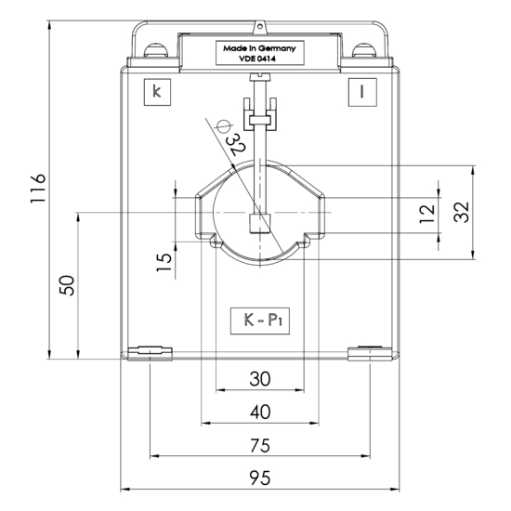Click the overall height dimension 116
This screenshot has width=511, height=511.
pyautogui.click(x=38, y=189)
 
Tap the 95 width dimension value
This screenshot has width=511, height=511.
pyautogui.click(x=260, y=478)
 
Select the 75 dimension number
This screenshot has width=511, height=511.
pyautogui.click(x=260, y=445)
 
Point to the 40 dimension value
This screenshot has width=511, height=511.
pyautogui.click(x=260, y=412)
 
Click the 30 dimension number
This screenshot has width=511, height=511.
pyautogui.click(x=260, y=379)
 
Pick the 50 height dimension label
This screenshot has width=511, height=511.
pyautogui.click(x=67, y=285)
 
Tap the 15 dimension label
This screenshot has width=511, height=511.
pyautogui.click(x=164, y=262)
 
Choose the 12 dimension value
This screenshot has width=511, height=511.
pyautogui.click(x=427, y=214)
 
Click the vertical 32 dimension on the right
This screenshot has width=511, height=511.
pyautogui.click(x=462, y=212)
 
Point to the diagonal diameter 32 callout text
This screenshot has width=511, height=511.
pyautogui.click(x=237, y=144)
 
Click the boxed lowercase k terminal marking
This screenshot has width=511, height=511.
pyautogui.click(x=157, y=92)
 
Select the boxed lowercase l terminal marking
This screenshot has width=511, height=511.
pyautogui.click(x=362, y=92)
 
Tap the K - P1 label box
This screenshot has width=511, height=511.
pyautogui.click(x=260, y=321)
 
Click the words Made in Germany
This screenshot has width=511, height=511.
pyautogui.click(x=260, y=48)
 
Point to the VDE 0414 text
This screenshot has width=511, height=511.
pyautogui.click(x=257, y=59)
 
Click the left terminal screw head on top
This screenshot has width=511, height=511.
pyautogui.click(x=156, y=50)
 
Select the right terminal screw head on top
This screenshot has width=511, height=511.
pyautogui.click(x=364, y=50)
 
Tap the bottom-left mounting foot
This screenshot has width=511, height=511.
pyautogui.click(x=150, y=353)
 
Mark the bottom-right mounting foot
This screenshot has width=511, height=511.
pyautogui.click(x=370, y=354)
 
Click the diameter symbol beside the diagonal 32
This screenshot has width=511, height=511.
pyautogui.click(x=224, y=126)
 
